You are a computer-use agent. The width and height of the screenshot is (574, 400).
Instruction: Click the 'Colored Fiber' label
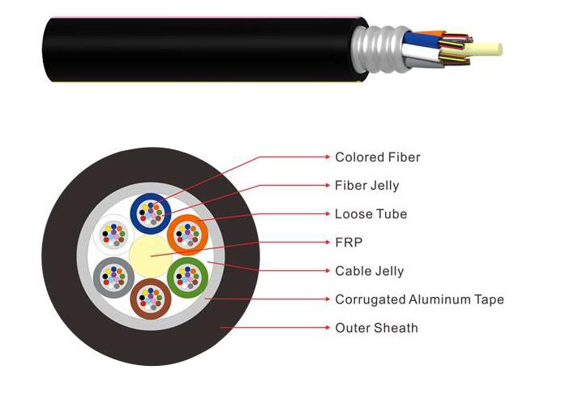(377, 157)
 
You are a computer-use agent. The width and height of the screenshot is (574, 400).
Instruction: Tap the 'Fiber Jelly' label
(366, 185)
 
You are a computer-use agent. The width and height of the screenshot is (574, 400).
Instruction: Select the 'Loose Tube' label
(371, 214)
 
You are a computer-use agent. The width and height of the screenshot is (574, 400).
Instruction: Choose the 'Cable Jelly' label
(369, 271)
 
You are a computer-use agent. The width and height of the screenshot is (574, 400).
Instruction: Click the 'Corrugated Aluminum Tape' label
(418, 299)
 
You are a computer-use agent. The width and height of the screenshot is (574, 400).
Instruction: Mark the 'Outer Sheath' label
(376, 328)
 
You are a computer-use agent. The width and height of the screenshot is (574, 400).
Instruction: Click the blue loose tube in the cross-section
(151, 211)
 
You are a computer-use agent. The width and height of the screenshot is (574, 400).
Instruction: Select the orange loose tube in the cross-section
(188, 234)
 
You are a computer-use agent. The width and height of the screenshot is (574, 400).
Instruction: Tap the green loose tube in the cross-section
(187, 277)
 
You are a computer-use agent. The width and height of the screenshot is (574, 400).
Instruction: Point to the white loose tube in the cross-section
(114, 235)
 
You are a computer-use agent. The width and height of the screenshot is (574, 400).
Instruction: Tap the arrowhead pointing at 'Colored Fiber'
(329, 157)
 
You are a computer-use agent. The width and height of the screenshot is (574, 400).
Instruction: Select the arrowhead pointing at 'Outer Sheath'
(329, 328)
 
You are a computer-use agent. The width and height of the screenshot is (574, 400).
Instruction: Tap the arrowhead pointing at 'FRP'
(329, 243)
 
